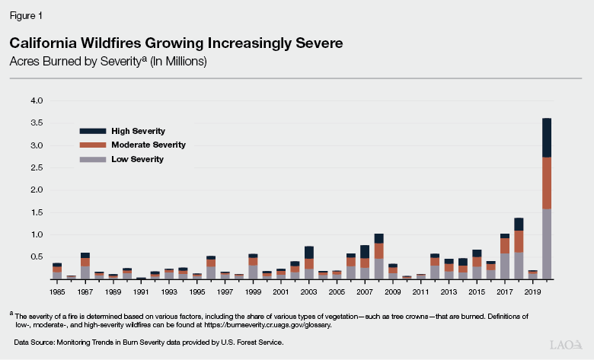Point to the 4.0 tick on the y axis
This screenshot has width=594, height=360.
coord(37,100)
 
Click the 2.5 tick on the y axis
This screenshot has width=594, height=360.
coord(37,167)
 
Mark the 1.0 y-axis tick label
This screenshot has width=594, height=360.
coord(37,235)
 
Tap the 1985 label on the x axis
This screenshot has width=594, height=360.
coord(57,292)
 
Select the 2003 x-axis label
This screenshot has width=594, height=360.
coord(309,292)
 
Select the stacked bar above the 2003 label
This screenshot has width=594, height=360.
coord(309,263)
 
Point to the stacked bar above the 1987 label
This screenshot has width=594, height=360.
coord(85,266)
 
